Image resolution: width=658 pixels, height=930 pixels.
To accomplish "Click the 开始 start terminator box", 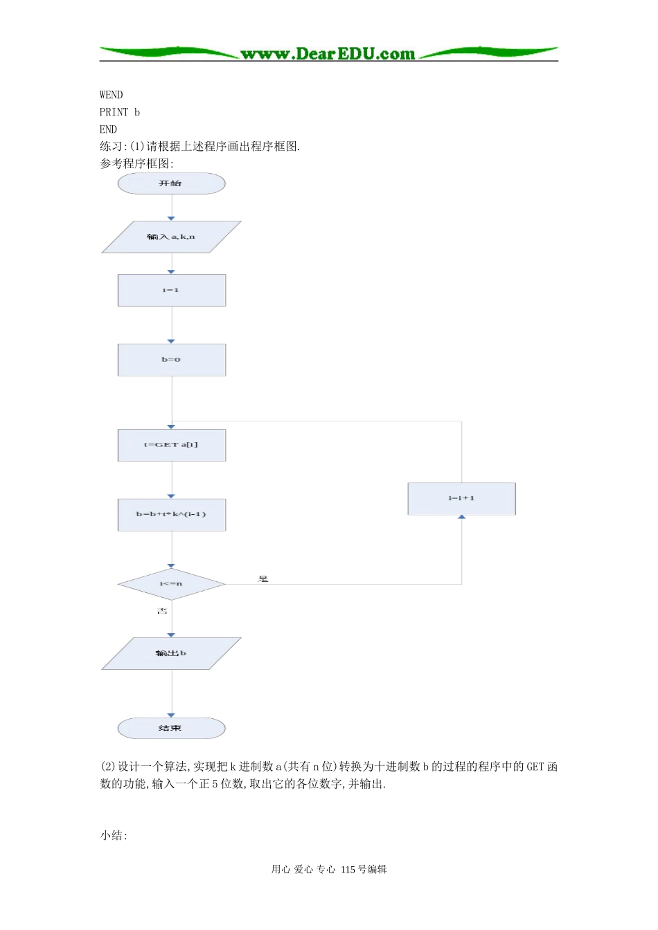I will click(x=171, y=183).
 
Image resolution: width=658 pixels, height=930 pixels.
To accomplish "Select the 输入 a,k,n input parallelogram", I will click(x=171, y=237).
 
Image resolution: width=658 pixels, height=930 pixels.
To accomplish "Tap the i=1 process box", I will click(x=171, y=290).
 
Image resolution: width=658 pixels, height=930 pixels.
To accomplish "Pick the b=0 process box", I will click(x=171, y=360).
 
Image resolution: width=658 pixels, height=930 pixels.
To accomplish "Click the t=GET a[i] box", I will click(x=171, y=445).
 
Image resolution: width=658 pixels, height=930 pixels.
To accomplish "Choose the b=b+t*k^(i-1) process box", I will click(x=171, y=514).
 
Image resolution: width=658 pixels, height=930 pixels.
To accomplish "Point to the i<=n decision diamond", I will click(x=171, y=584).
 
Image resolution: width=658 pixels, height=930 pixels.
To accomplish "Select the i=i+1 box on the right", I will click(x=461, y=498).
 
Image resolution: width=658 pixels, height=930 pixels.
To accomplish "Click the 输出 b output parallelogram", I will click(x=171, y=653).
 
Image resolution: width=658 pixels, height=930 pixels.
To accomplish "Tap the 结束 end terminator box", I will click(x=171, y=728).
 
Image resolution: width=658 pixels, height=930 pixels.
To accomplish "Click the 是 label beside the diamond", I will click(x=263, y=578).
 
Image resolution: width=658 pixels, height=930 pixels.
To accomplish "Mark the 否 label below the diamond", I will click(x=162, y=610).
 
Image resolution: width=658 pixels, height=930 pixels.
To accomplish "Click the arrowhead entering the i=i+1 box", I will click(x=461, y=517).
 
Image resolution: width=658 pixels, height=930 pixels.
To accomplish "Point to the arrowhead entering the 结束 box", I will click(x=171, y=715).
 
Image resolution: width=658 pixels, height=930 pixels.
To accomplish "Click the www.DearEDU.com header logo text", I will click(x=328, y=53).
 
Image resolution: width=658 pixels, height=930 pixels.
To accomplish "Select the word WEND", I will click(x=111, y=95).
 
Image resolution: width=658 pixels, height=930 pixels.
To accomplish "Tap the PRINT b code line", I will click(x=119, y=112).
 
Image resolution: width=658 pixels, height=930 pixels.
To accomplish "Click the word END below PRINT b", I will click(x=108, y=129).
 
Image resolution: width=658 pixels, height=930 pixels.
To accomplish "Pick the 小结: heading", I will click(x=114, y=835).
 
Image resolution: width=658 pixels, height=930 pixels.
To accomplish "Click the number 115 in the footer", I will click(x=348, y=869).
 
